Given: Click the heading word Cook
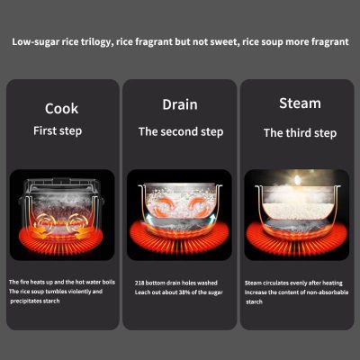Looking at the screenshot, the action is tap(61, 109).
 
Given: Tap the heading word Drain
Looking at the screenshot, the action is tap(180, 104).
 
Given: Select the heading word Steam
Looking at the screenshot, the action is tap(300, 103).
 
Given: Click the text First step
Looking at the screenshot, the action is tap(58, 131).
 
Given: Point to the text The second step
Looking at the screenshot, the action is tap(181, 132).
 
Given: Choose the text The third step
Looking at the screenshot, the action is tap(300, 133).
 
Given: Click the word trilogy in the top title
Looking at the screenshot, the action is tap(97, 41).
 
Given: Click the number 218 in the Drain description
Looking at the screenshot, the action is tap(139, 283).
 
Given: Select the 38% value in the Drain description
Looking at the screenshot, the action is tap(184, 292).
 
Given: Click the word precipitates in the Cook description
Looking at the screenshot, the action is tap(26, 301).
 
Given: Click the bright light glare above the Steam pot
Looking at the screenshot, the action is tap(297, 180).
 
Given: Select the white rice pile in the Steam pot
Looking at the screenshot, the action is tap(298, 211).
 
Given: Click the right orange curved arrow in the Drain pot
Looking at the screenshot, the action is tap(199, 206).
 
